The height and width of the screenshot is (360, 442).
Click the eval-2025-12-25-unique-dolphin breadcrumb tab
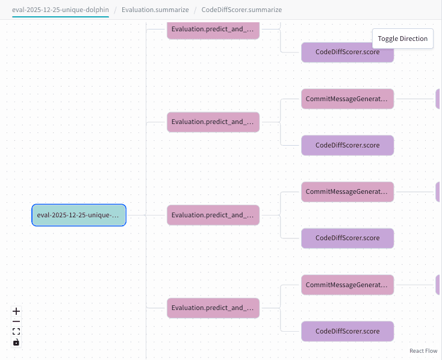(x=60, y=10)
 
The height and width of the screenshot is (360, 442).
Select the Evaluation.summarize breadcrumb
(x=155, y=10)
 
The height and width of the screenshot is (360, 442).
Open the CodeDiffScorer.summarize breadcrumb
(x=241, y=10)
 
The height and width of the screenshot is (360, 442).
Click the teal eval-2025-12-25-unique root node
(x=79, y=215)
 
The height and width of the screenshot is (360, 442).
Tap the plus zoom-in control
(x=16, y=311)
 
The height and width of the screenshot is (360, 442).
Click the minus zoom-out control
(x=16, y=321)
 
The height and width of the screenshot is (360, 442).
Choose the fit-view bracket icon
(x=16, y=332)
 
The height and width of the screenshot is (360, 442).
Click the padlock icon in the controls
(x=16, y=342)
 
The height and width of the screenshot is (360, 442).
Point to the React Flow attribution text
(x=423, y=350)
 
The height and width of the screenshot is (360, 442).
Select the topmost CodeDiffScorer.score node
(x=347, y=52)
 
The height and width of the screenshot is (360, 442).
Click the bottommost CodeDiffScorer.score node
(x=347, y=331)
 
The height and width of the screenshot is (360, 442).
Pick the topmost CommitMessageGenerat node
(x=347, y=99)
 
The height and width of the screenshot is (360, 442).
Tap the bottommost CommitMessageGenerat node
(x=347, y=285)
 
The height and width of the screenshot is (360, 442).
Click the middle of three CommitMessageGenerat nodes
(x=347, y=192)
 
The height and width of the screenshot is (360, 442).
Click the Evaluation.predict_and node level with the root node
(x=213, y=215)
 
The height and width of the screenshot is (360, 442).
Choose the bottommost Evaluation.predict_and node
(x=213, y=308)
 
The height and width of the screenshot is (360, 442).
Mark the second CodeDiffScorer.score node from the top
(x=347, y=145)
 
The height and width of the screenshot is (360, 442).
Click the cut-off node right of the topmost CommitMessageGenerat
(x=438, y=99)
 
